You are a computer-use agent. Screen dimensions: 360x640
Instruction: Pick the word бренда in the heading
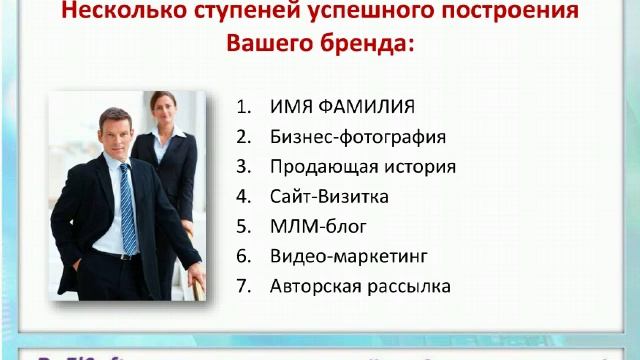pyautogui.click(x=371, y=45)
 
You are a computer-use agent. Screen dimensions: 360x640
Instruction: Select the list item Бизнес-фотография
pyautogui.click(x=358, y=137)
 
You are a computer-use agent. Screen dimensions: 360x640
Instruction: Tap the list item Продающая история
pyautogui.click(x=363, y=167)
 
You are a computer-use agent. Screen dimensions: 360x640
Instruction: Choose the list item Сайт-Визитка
pyautogui.click(x=328, y=196)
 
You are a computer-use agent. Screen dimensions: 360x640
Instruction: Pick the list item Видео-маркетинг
pyautogui.click(x=340, y=256)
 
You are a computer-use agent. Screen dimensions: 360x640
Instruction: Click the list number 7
pyautogui.click(x=243, y=286)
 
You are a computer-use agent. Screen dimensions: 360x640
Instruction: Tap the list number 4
pyautogui.click(x=243, y=196)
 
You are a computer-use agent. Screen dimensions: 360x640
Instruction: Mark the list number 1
pyautogui.click(x=243, y=107)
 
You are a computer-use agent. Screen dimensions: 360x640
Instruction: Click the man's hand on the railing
pyautogui.click(x=197, y=280)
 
